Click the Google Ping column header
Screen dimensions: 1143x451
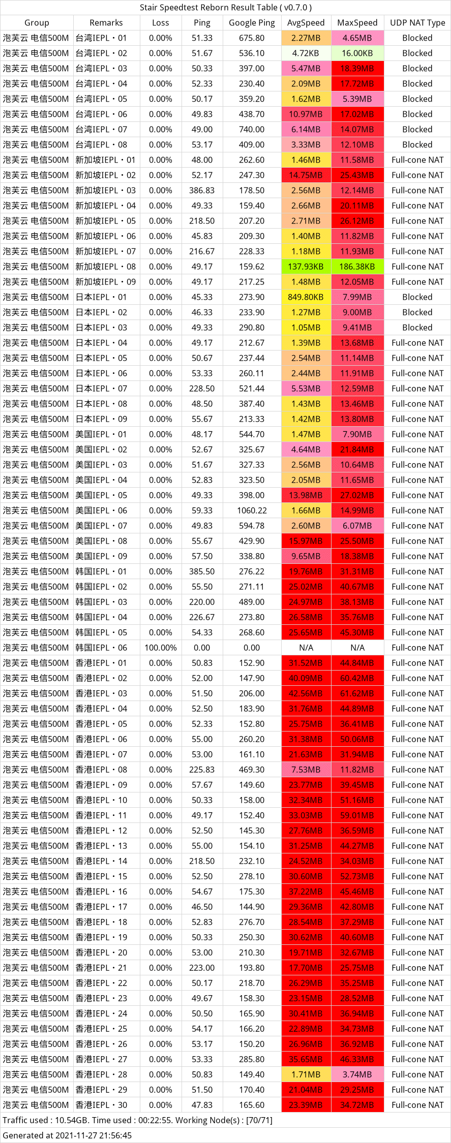(252, 23)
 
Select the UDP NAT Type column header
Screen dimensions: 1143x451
(417, 23)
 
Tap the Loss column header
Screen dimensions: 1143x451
(160, 23)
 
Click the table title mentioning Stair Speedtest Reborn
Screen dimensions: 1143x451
(226, 8)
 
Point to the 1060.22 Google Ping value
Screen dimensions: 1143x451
(252, 511)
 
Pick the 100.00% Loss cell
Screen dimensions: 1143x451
(160, 648)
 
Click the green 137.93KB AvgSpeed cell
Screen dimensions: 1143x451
(306, 267)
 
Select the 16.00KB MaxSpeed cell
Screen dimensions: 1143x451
(357, 53)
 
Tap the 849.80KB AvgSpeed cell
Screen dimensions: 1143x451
(306, 297)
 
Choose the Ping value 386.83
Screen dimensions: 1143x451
(202, 190)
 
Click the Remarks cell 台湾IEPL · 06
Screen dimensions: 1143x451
(102, 114)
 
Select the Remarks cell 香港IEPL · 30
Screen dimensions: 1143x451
(102, 1105)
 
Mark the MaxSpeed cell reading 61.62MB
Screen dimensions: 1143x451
(357, 693)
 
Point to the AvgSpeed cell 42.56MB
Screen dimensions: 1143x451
(306, 693)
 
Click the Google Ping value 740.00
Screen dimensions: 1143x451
(252, 130)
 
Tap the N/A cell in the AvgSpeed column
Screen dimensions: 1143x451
(306, 648)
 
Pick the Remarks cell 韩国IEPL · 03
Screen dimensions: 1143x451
(102, 602)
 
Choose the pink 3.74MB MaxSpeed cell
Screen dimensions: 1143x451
(357, 1074)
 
